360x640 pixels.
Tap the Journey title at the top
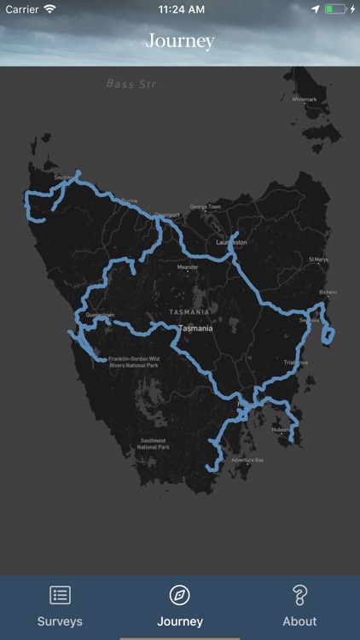click(x=180, y=41)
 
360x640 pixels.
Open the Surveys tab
click(x=60, y=606)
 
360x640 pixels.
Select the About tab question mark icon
click(x=299, y=595)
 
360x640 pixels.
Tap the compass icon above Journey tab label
click(x=180, y=595)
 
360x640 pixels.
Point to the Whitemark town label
click(x=304, y=99)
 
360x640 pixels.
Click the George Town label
click(x=205, y=207)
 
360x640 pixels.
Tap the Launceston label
click(x=231, y=242)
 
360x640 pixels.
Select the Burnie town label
click(x=129, y=201)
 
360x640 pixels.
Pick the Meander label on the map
click(x=187, y=267)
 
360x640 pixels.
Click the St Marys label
click(x=318, y=259)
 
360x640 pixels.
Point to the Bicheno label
click(x=328, y=292)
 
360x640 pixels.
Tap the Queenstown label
click(x=100, y=314)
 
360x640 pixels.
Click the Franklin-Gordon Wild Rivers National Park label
click(x=134, y=362)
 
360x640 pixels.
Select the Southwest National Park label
click(x=154, y=444)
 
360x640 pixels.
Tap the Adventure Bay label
click(x=247, y=460)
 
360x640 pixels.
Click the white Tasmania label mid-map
click(x=196, y=328)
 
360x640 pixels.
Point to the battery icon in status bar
click(x=335, y=9)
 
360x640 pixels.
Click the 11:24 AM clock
click(x=180, y=9)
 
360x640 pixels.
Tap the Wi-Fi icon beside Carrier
click(x=49, y=9)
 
